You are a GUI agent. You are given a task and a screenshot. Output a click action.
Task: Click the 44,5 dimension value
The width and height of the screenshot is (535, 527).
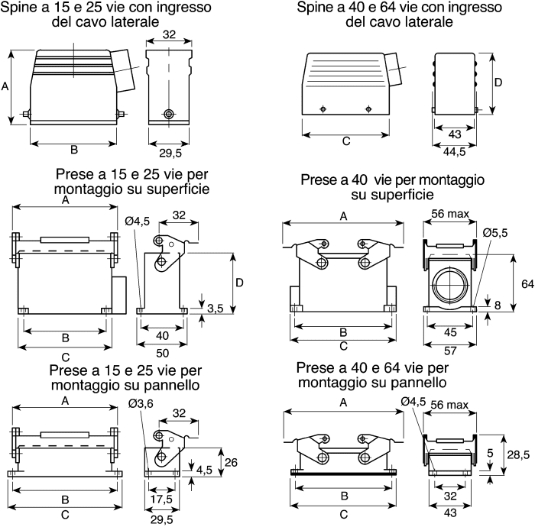point(454,152)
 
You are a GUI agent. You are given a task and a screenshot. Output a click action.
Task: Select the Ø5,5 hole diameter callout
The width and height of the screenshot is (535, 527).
point(495,233)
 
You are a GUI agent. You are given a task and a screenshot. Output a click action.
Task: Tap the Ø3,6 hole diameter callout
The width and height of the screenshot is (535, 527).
point(141,403)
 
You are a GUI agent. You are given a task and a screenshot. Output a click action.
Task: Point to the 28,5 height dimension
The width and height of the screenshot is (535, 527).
point(518,454)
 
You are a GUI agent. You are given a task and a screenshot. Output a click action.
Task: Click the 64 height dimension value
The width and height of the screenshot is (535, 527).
point(527,283)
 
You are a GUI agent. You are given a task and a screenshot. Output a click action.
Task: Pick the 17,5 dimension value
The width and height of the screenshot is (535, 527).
point(161,499)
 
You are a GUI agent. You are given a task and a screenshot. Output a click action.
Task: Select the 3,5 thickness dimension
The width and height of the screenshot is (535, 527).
point(215,308)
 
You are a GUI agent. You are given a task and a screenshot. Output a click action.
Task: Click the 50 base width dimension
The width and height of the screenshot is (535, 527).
point(162,353)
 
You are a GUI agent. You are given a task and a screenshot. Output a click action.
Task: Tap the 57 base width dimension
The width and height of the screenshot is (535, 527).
point(450,351)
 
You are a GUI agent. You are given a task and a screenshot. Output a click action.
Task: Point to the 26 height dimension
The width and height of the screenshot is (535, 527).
point(231,462)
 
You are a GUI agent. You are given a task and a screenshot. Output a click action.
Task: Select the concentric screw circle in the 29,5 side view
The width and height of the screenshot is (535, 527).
point(169,114)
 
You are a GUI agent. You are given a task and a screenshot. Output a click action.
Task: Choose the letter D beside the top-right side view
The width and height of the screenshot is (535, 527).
point(498,82)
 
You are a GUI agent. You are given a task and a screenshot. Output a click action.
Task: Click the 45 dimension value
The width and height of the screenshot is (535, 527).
point(450,332)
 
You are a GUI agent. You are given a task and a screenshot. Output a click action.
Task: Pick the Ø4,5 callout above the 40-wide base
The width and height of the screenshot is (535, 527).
point(137,221)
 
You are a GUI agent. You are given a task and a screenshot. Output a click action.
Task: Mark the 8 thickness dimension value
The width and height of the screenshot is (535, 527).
point(498,305)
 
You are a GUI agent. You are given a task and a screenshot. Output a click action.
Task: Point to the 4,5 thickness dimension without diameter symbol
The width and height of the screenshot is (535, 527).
point(204,470)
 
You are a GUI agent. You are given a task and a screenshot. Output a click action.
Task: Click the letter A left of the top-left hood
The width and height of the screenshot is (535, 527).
point(5,86)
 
